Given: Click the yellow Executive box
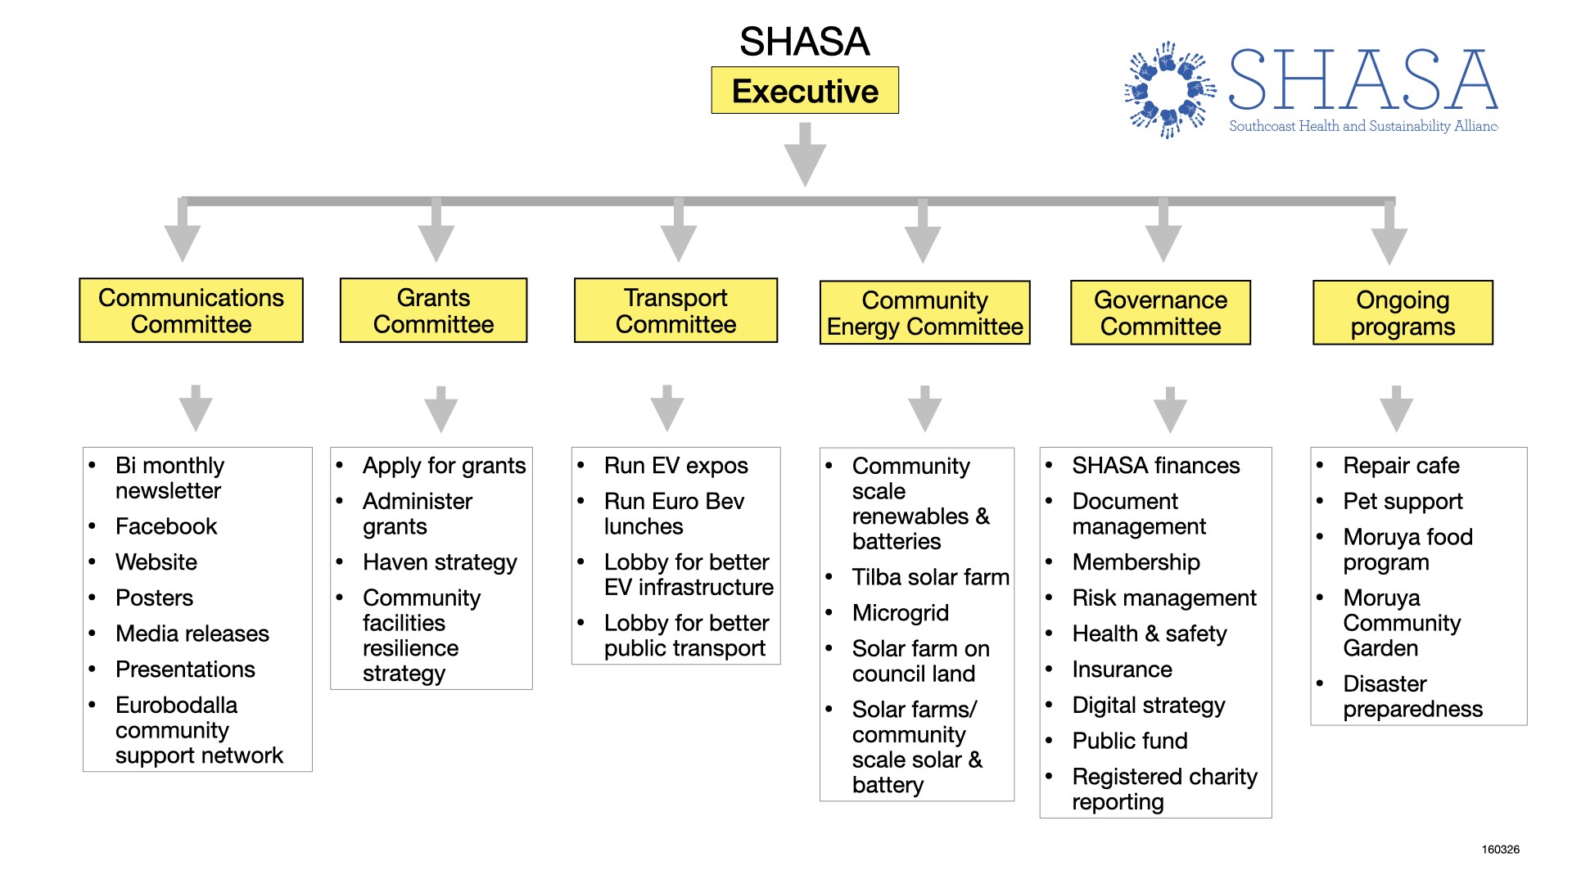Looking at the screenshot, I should click(x=804, y=91).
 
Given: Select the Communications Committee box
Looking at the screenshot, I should click(x=191, y=311).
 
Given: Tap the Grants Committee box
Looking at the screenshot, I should click(x=433, y=311).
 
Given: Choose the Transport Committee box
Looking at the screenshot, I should click(x=675, y=311).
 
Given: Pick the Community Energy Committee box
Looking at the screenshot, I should click(x=924, y=313).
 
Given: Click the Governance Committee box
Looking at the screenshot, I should click(x=1160, y=313).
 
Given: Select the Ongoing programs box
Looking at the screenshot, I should click(x=1403, y=313).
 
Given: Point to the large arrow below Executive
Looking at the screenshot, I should click(x=805, y=156).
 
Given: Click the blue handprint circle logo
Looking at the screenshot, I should click(x=1170, y=89).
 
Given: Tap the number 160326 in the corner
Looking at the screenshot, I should click(x=1500, y=850).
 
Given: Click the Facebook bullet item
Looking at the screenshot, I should click(x=166, y=526).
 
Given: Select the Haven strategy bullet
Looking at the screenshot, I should click(x=440, y=562).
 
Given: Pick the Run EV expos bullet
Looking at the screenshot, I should click(x=675, y=466).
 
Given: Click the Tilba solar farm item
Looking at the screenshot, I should click(x=930, y=577).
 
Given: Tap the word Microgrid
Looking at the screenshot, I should click(x=900, y=613).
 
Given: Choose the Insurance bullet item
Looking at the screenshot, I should click(x=1122, y=670).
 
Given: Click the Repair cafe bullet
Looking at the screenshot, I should click(x=1401, y=466).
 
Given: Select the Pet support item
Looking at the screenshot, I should click(x=1403, y=501).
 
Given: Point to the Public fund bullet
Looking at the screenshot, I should click(x=1129, y=741).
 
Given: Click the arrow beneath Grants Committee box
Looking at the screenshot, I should click(x=441, y=408).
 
